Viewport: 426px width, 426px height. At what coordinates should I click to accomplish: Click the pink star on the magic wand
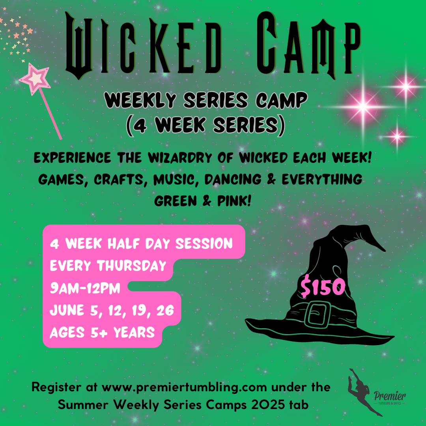click(x=35, y=79)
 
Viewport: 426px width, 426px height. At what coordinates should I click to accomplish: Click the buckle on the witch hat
click(x=316, y=315)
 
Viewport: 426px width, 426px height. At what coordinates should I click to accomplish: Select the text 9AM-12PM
click(x=85, y=288)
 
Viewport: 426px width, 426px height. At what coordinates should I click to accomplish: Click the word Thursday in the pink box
click(x=132, y=265)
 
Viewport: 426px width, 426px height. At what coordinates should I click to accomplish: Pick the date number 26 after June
click(x=165, y=310)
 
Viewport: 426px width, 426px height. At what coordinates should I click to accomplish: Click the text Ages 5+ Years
click(x=102, y=332)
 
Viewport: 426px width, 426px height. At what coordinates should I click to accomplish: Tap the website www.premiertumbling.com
click(x=184, y=387)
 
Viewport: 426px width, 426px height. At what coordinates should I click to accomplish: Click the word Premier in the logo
click(x=390, y=396)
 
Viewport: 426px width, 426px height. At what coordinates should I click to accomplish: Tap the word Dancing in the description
click(x=233, y=179)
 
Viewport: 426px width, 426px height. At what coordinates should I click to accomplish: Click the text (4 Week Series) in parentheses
click(x=206, y=125)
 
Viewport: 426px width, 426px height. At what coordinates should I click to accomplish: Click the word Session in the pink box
click(x=204, y=243)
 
